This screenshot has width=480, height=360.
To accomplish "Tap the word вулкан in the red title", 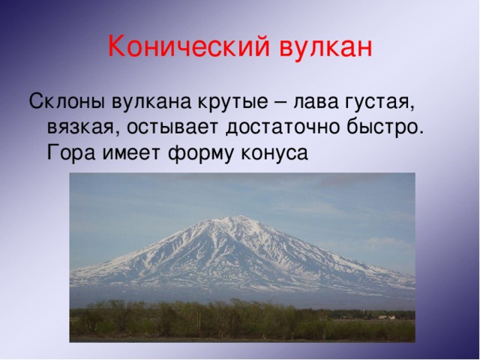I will (326, 47).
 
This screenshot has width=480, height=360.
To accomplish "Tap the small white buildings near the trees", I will (386, 317).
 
